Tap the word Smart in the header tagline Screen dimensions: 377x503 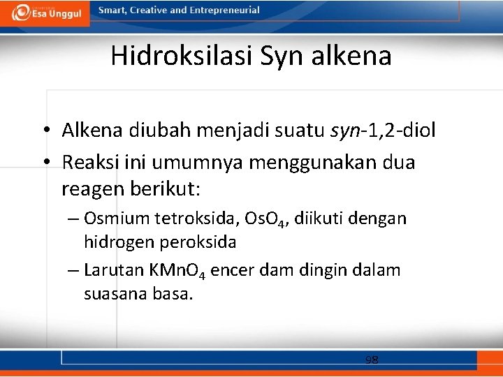coord(113,10)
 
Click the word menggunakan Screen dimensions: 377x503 coord(303,163)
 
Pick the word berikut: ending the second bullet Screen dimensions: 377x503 coord(164,189)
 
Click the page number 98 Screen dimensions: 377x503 coord(372,360)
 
